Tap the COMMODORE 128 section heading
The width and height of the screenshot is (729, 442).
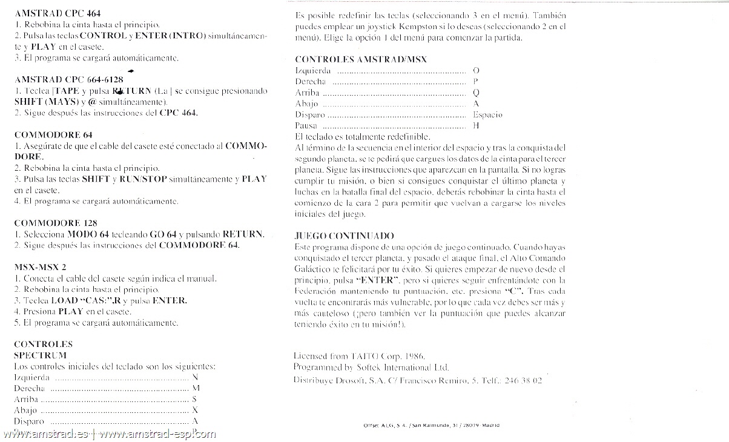[55, 222]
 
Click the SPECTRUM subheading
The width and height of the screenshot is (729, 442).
[39, 355]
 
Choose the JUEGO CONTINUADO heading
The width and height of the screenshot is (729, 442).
[344, 235]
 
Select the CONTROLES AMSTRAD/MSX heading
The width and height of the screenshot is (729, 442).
[361, 59]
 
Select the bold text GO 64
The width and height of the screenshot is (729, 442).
[162, 234]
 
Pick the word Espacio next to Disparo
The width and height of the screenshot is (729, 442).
[487, 114]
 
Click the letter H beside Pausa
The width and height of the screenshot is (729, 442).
[476, 126]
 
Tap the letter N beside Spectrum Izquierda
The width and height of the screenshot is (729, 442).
[194, 377]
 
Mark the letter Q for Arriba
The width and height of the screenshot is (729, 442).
[476, 93]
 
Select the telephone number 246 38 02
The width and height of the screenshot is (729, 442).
[523, 380]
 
